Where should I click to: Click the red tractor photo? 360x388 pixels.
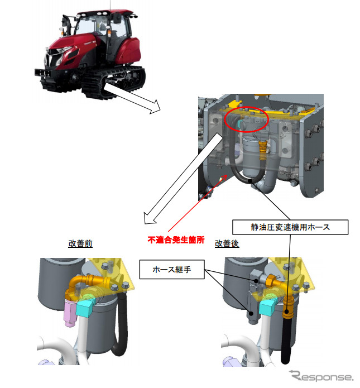(90, 54)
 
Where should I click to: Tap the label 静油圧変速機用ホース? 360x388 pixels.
(290, 227)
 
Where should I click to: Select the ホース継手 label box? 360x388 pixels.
(172, 269)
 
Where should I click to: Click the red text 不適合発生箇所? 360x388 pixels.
(176, 239)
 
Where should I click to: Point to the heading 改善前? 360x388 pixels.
(80, 243)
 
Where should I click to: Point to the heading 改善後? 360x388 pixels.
(227, 243)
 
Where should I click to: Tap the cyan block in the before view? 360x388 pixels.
(85, 307)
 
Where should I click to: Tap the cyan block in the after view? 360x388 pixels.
(267, 307)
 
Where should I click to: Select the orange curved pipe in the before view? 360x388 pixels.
(87, 281)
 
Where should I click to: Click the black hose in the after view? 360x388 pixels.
(286, 342)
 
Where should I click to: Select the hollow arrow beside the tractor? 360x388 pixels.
(132, 98)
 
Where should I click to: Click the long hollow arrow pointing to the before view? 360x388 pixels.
(184, 178)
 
